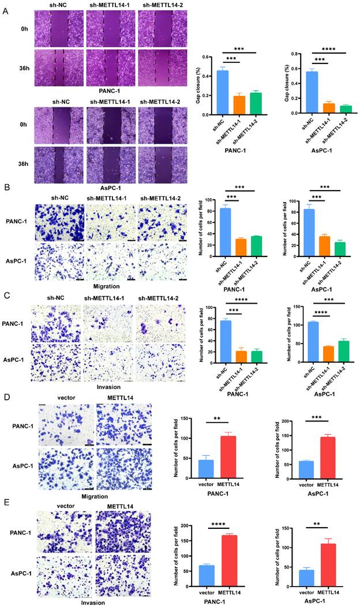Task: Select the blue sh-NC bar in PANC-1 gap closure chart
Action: point(222,92)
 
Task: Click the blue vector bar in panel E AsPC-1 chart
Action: point(306,577)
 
